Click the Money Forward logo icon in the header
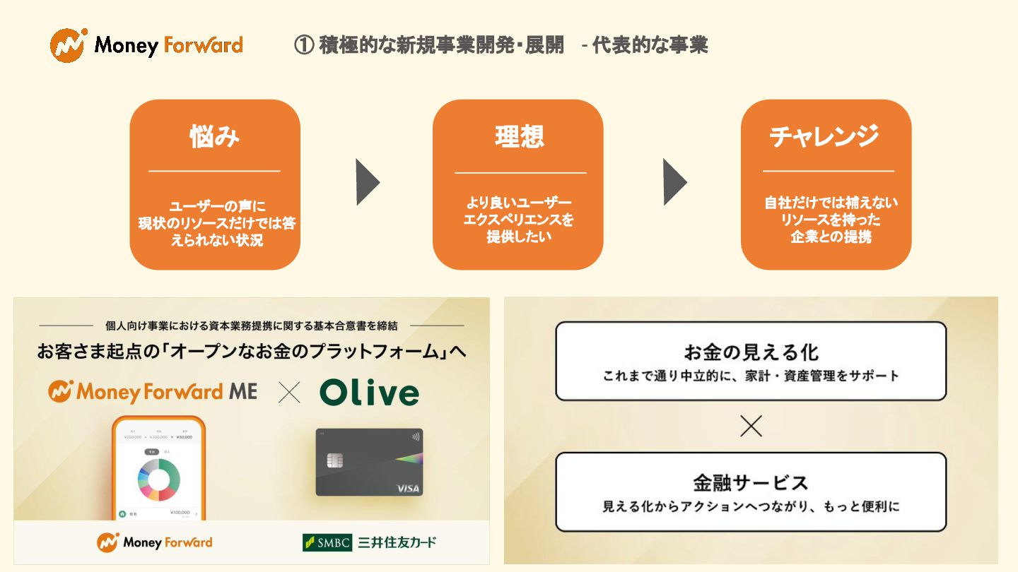69,45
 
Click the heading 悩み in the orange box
214,136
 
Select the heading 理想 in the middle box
520,136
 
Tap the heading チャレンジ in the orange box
825,136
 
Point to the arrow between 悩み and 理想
367,182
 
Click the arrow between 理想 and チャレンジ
674,182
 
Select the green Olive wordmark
369,393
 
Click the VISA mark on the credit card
408,488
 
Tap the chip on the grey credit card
335,460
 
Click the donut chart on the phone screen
159,479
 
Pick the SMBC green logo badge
327,542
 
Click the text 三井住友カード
397,542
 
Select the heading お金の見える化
751,352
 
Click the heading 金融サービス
751,483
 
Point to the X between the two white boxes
751,426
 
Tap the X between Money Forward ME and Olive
289,393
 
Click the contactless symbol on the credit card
414,436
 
